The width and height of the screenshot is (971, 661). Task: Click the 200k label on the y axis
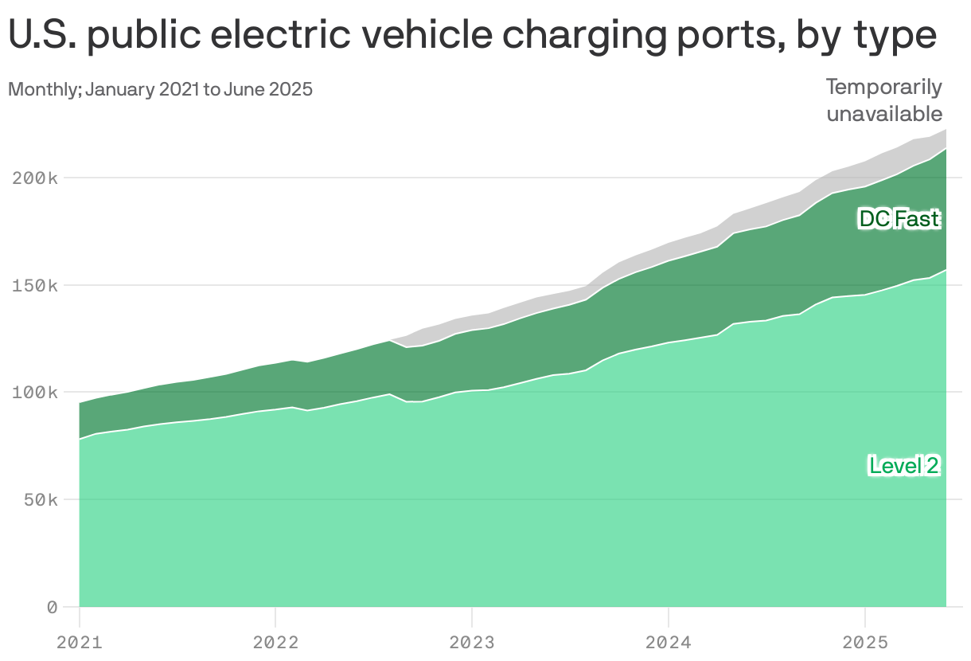click(34, 178)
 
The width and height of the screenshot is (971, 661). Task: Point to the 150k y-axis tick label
click(34, 285)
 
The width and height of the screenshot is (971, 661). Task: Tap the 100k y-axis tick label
click(34, 393)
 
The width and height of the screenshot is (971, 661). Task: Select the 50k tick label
click(39, 500)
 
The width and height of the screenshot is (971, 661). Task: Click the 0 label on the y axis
click(52, 608)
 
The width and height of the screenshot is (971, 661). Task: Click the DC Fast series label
click(899, 219)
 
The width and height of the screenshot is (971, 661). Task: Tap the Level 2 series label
click(904, 466)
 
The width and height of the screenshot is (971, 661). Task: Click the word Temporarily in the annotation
click(883, 87)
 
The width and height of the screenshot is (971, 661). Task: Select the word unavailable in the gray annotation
click(883, 114)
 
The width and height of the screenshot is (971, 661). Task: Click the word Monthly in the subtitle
click(42, 89)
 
